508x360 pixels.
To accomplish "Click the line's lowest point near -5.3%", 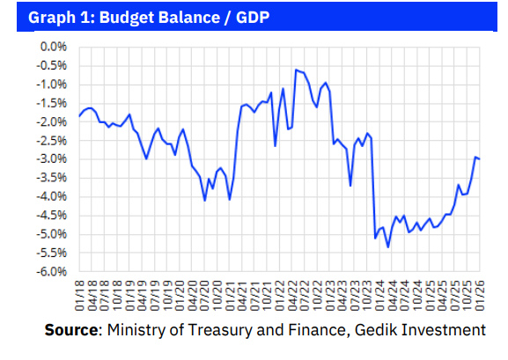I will point(388,247).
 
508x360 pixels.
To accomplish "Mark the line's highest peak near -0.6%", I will point(296,70).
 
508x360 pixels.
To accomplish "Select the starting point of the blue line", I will point(79,116).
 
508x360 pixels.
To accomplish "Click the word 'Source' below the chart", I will point(72,330).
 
